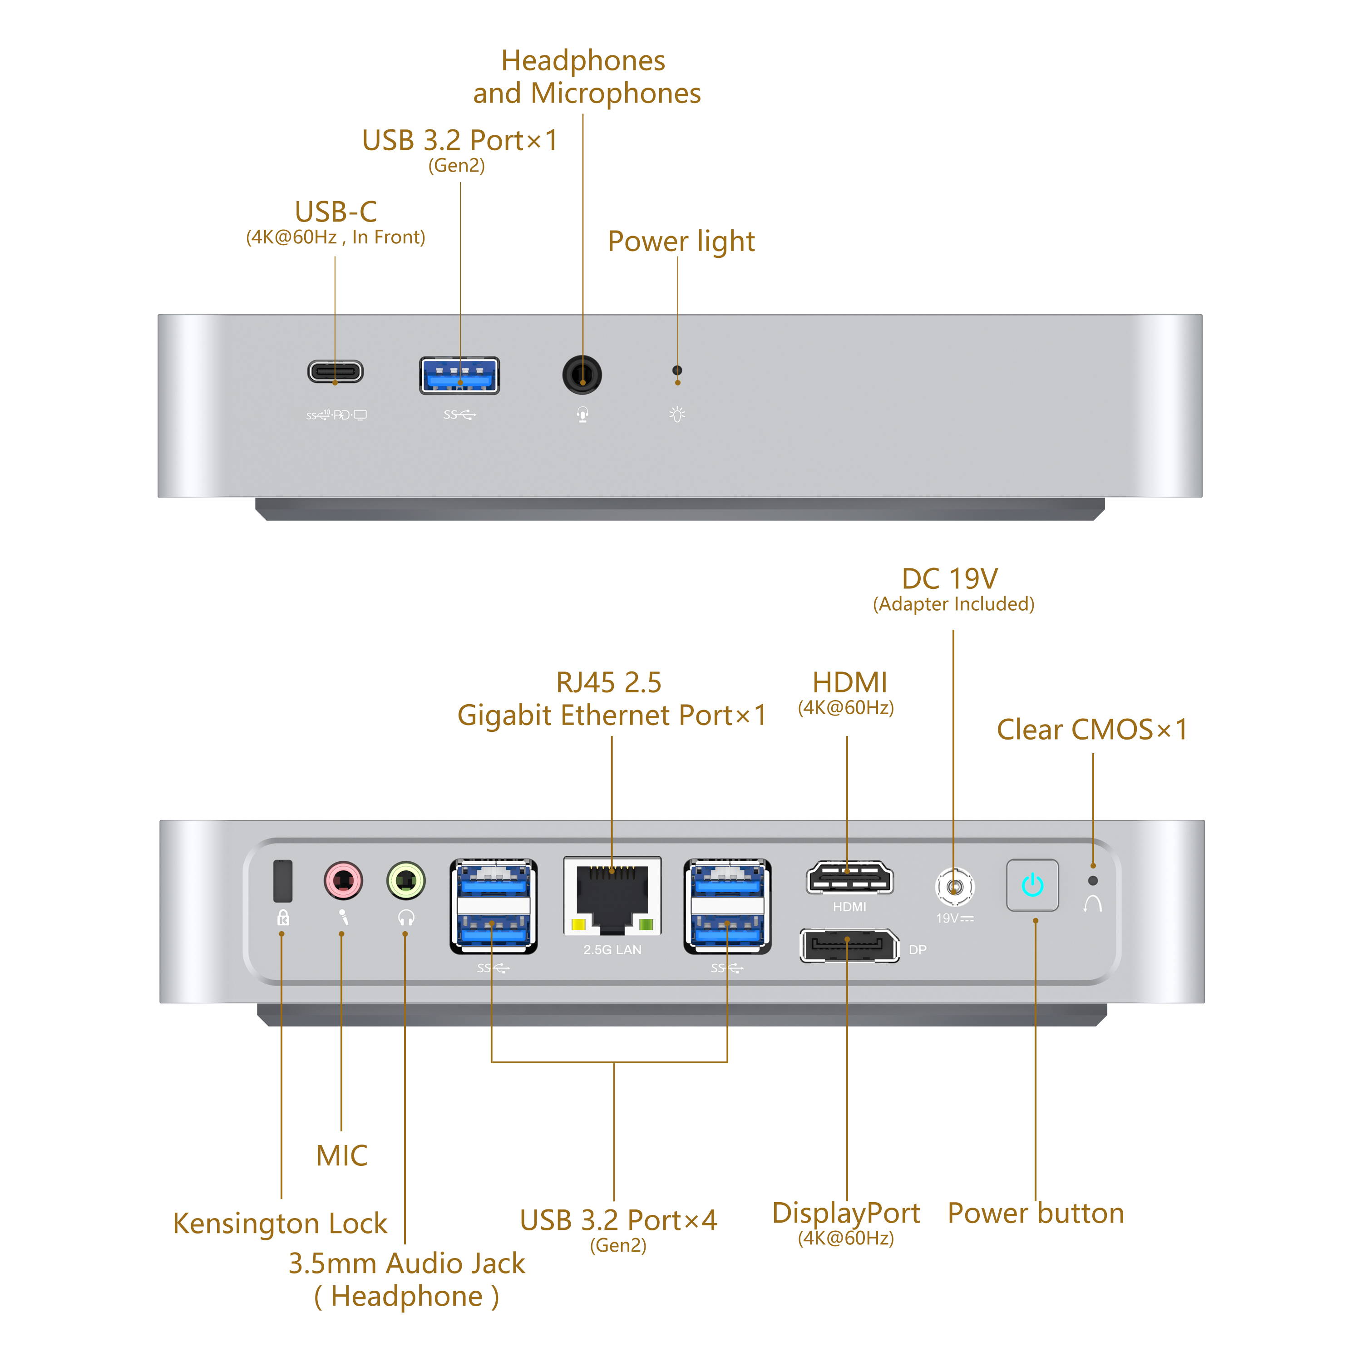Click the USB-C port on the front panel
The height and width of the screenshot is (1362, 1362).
[336, 371]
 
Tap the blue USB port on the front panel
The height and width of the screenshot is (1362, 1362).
[459, 376]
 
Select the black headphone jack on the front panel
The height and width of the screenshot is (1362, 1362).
[582, 375]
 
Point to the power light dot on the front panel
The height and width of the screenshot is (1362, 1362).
[677, 370]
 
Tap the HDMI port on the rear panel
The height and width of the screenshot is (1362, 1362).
[849, 879]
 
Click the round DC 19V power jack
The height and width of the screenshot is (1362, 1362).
[954, 887]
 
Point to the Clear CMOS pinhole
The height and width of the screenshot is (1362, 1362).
[1093, 880]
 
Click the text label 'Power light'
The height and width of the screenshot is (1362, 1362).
[681, 242]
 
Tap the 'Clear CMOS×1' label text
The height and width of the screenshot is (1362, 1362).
[1092, 730]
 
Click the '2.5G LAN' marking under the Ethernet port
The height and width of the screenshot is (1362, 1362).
[612, 950]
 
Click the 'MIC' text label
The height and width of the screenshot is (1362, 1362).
[342, 1156]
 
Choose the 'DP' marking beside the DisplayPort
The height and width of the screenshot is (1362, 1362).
[917, 950]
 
